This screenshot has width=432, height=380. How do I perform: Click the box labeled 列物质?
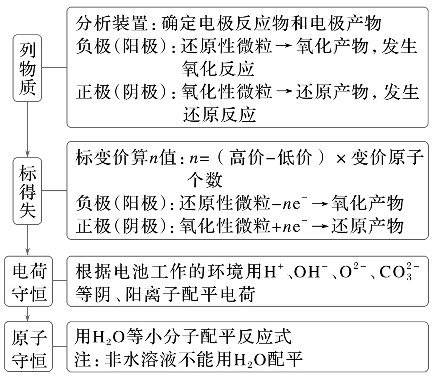tap(27, 67)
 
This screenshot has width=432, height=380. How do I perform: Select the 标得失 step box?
tap(27, 191)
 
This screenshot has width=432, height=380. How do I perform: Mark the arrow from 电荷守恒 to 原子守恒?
tap(27, 313)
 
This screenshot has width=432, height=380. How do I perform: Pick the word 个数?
tap(204, 181)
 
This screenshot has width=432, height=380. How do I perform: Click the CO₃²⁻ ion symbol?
tap(398, 274)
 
